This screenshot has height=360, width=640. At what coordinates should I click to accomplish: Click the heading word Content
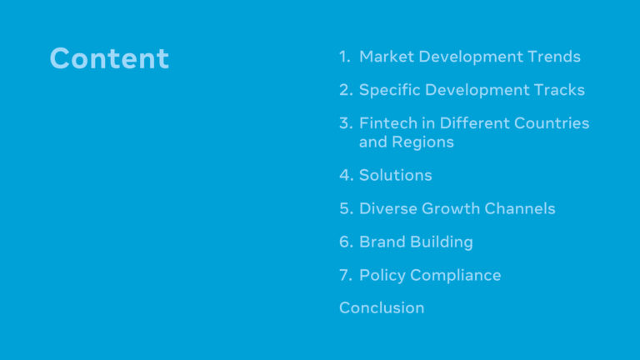point(109,58)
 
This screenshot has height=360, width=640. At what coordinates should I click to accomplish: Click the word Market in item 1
point(387,57)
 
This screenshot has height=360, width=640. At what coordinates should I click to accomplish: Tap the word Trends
point(554,57)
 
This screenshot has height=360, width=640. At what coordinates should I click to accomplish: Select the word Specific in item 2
point(390,90)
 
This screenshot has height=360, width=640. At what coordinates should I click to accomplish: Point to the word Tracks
point(559,90)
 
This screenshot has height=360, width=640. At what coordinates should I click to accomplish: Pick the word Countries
point(552,122)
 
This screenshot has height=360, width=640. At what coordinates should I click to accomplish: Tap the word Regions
point(422,142)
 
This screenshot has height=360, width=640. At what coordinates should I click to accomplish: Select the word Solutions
point(396,175)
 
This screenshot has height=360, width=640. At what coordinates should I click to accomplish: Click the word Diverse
point(387,208)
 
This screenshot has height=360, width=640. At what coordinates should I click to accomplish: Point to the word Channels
point(520,208)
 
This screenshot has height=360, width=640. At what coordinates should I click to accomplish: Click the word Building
point(442,242)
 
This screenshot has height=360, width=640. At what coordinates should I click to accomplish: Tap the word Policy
point(382,276)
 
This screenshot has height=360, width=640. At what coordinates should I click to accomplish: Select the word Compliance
point(456,276)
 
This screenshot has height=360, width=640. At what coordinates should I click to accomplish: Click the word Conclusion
point(382,307)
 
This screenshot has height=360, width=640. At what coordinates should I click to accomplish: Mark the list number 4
point(346,175)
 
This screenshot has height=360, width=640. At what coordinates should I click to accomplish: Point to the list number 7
point(346,275)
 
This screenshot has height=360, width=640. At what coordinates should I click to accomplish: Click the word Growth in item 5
point(451,208)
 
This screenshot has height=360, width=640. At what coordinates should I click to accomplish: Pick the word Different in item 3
point(475,122)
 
